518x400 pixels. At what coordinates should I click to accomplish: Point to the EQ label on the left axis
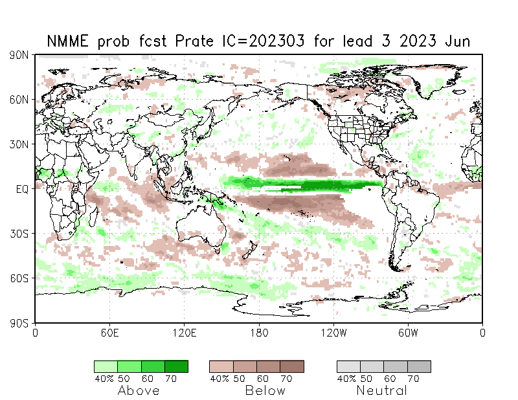pos(21,188)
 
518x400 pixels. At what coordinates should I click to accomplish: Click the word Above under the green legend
pos(139,390)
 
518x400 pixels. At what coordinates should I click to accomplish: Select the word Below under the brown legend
pos(265,390)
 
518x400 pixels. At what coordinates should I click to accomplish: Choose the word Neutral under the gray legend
pos(382,390)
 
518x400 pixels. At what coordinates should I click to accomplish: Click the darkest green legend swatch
pos(176,366)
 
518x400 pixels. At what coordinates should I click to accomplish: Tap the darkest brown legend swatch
pos(291,366)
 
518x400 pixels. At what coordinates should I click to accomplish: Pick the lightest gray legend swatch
pos(348,366)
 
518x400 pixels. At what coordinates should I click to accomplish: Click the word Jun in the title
pos(458,42)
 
